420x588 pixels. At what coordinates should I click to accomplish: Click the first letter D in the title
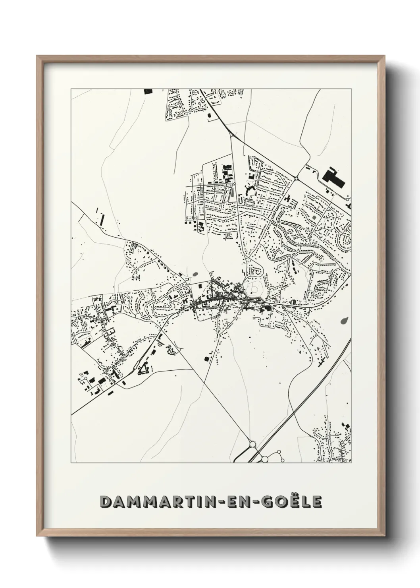coord(107,502)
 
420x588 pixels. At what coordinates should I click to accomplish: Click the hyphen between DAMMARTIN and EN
coord(215,502)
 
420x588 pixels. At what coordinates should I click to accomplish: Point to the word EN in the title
coord(231,502)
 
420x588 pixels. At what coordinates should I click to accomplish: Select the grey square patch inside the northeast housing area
coord(315,217)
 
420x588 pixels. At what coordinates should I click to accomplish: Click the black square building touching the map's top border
coord(148,91)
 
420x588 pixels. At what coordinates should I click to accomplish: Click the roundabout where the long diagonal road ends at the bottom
coord(252,443)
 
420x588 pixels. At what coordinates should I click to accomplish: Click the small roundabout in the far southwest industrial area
coord(82,374)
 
